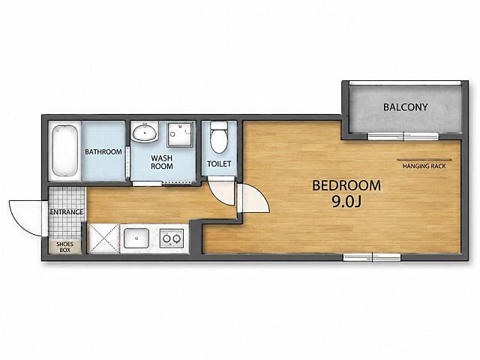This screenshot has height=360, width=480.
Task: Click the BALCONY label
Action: click(405, 107)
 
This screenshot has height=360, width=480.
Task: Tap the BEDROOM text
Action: click(346, 185)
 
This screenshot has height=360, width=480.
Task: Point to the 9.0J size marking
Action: click(346, 202)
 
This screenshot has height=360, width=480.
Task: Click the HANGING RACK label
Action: click(424, 166)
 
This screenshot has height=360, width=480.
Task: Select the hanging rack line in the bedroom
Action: click(424, 160)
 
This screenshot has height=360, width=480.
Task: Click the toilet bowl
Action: click(219, 137)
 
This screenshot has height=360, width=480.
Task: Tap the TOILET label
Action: click(219, 163)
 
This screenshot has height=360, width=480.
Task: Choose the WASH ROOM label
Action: click(162, 162)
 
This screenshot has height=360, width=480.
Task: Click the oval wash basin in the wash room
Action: click(145, 132)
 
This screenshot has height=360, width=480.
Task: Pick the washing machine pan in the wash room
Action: click(181, 135)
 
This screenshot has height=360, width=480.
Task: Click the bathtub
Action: click(64, 150)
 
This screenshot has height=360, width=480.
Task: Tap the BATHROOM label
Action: click(103, 151)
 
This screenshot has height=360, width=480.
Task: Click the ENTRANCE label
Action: click(67, 211)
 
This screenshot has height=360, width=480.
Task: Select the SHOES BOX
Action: click(65, 247)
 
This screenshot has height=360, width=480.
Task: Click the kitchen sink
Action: click(136, 238)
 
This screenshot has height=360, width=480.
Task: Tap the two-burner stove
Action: click(172, 238)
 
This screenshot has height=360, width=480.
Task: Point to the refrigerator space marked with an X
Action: click(103, 238)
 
